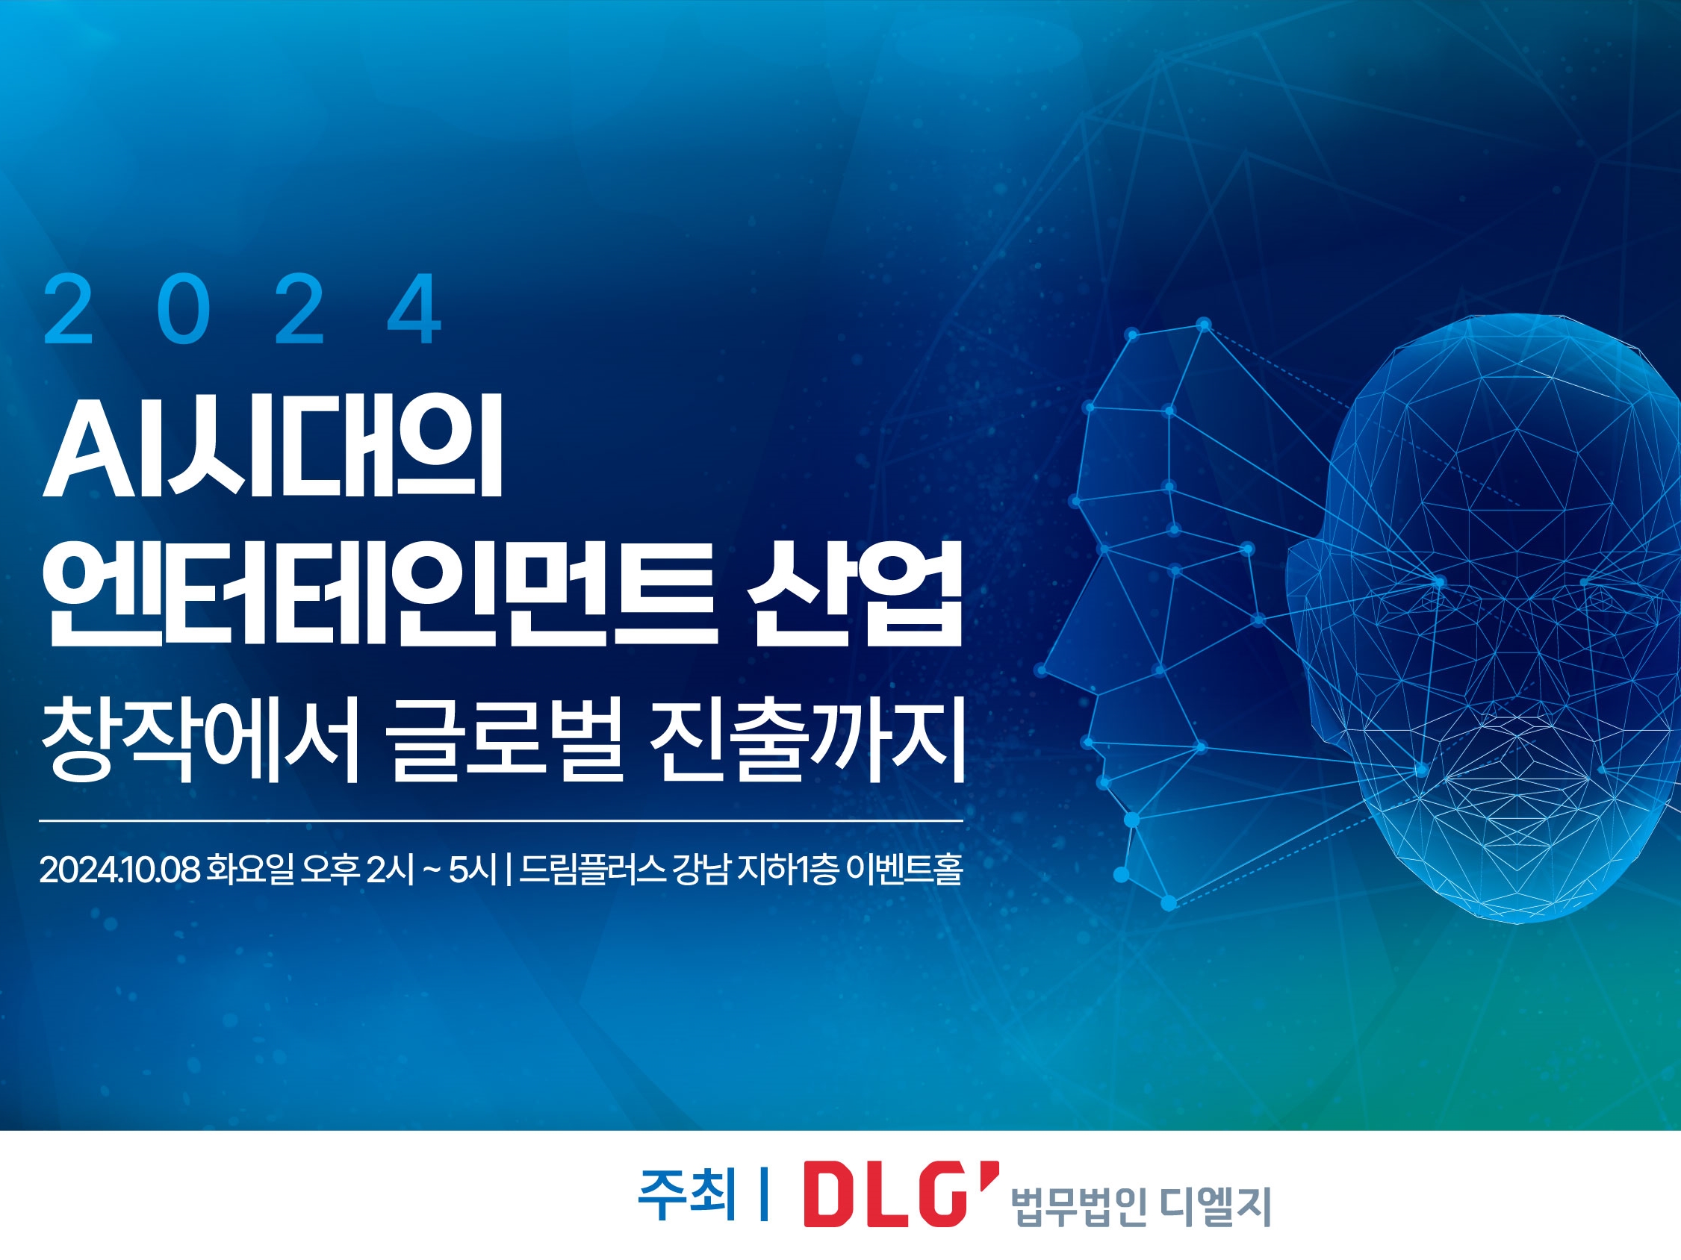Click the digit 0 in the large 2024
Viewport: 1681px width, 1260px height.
(183, 309)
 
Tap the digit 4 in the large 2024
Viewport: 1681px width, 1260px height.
(414, 309)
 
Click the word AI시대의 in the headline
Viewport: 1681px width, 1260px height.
(273, 447)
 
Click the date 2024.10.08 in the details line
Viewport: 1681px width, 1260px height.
(119, 870)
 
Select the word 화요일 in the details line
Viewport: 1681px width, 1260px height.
(250, 870)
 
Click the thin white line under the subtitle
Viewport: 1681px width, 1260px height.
(501, 821)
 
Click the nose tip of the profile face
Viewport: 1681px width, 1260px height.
(1043, 669)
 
